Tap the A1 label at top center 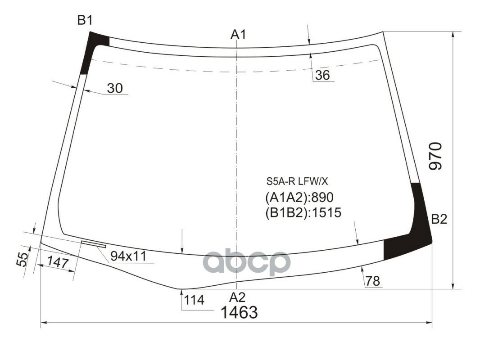238,35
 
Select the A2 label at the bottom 237,297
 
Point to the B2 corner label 439,220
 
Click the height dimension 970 435,156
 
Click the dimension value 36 322,75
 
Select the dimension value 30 115,89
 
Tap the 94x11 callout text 128,256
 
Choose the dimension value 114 194,300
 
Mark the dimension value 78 373,281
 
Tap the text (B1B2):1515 303,212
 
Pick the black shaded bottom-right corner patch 410,234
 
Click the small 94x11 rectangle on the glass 93,244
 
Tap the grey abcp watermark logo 245,262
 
